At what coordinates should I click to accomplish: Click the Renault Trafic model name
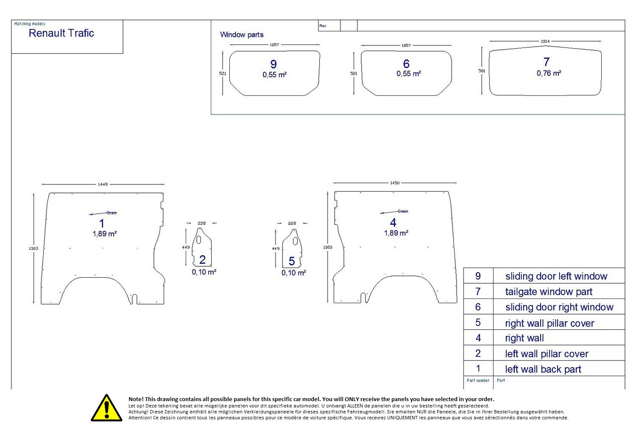[61, 33]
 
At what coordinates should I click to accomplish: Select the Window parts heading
[242, 35]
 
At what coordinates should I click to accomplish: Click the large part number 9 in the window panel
[273, 64]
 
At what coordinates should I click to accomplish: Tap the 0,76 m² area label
[549, 73]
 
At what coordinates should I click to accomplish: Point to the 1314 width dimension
[545, 41]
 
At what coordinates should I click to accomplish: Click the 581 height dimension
[482, 71]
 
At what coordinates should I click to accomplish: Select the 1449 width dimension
[103, 184]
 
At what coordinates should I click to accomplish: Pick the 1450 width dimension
[394, 183]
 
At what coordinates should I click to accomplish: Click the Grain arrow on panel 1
[103, 213]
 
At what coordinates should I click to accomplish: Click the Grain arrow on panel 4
[394, 212]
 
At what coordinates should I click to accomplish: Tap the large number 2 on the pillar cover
[202, 259]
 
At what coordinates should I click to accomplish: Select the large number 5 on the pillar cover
[292, 261]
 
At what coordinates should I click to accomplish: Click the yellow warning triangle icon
[106, 408]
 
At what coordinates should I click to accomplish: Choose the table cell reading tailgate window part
[549, 292]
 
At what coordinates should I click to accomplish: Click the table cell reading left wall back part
[543, 369]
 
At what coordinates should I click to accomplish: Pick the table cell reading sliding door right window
[559, 307]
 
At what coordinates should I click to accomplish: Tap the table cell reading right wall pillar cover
[550, 323]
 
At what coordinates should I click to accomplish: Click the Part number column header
[478, 380]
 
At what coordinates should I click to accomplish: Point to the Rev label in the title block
[323, 26]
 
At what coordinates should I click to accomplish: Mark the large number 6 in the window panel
[406, 64]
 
